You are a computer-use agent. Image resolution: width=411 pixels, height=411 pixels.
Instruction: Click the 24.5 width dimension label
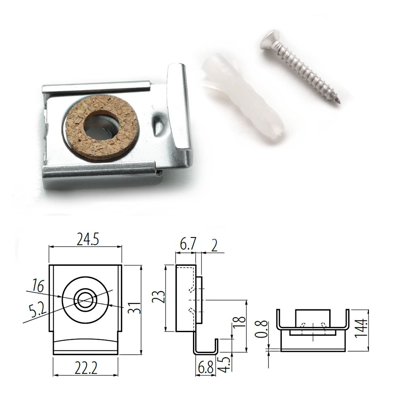coord(87,239)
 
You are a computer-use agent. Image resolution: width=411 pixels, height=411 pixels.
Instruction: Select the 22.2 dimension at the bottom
coord(86,368)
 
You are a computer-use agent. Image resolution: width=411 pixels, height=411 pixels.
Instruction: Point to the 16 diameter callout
coord(38,286)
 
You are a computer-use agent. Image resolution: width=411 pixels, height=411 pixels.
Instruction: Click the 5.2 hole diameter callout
coord(38,310)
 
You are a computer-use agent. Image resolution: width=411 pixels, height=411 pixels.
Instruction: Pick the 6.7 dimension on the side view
coord(188,245)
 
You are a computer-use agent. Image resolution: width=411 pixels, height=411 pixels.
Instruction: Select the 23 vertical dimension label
coord(159,297)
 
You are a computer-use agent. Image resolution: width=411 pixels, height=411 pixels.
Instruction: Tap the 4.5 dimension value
coord(225,363)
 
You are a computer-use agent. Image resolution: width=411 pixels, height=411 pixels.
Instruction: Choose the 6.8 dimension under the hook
coord(206,368)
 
